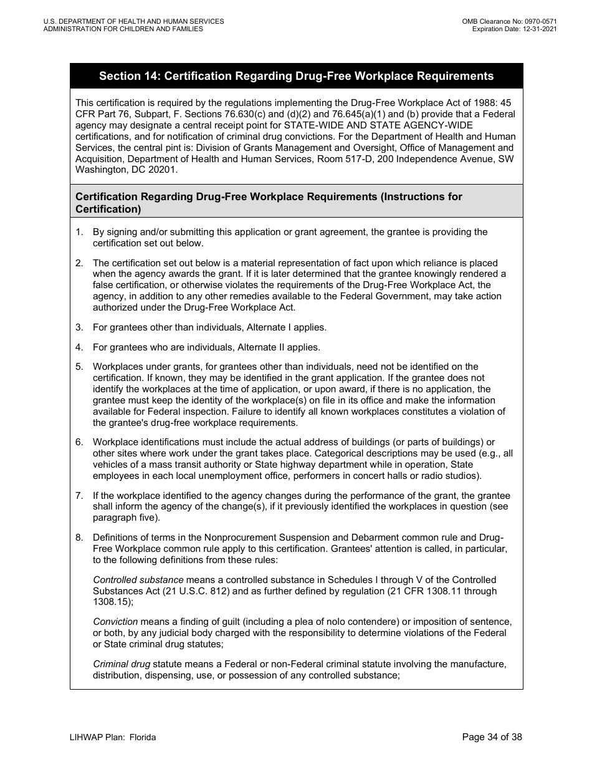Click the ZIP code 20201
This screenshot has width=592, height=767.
click(165, 170)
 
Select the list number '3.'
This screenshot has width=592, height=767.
click(79, 327)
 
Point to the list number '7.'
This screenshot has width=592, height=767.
click(79, 495)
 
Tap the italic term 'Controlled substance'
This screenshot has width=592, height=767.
click(138, 580)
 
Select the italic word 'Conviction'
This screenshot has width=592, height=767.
click(115, 622)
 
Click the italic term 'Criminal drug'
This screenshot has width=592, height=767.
click(122, 664)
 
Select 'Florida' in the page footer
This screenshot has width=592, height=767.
click(142, 738)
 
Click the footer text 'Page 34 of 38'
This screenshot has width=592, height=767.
click(492, 738)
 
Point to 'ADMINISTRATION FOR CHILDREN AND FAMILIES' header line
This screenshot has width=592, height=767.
click(123, 29)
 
